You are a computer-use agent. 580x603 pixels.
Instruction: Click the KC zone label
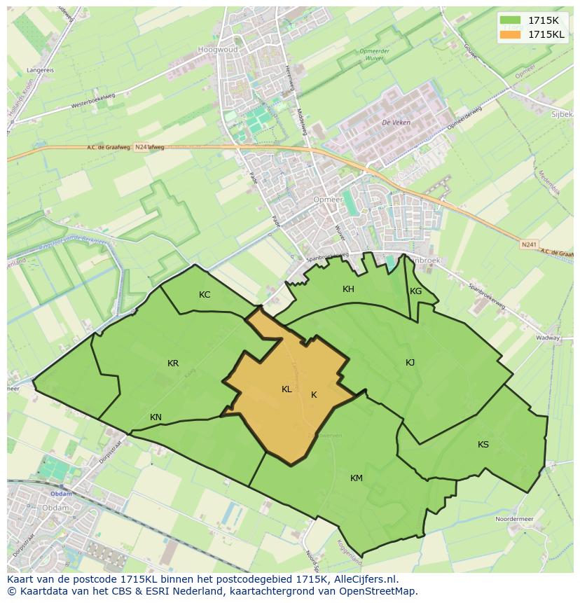click(205, 295)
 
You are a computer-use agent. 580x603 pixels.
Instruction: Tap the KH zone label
click(348, 289)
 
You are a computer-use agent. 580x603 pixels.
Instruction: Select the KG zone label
click(416, 291)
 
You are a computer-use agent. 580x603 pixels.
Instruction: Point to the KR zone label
click(173, 363)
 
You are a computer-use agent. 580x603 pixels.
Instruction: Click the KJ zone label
click(410, 362)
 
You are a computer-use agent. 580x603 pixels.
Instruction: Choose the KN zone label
click(156, 417)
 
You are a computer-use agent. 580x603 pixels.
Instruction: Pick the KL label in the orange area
click(286, 389)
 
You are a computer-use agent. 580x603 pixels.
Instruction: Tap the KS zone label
click(483, 445)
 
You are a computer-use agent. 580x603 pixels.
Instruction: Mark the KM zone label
click(357, 478)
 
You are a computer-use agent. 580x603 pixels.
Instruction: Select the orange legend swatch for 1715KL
click(511, 34)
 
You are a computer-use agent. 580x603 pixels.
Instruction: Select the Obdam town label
click(62, 494)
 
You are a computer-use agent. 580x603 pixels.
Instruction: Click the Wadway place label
click(548, 338)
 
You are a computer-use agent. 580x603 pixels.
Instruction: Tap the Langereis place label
click(41, 70)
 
